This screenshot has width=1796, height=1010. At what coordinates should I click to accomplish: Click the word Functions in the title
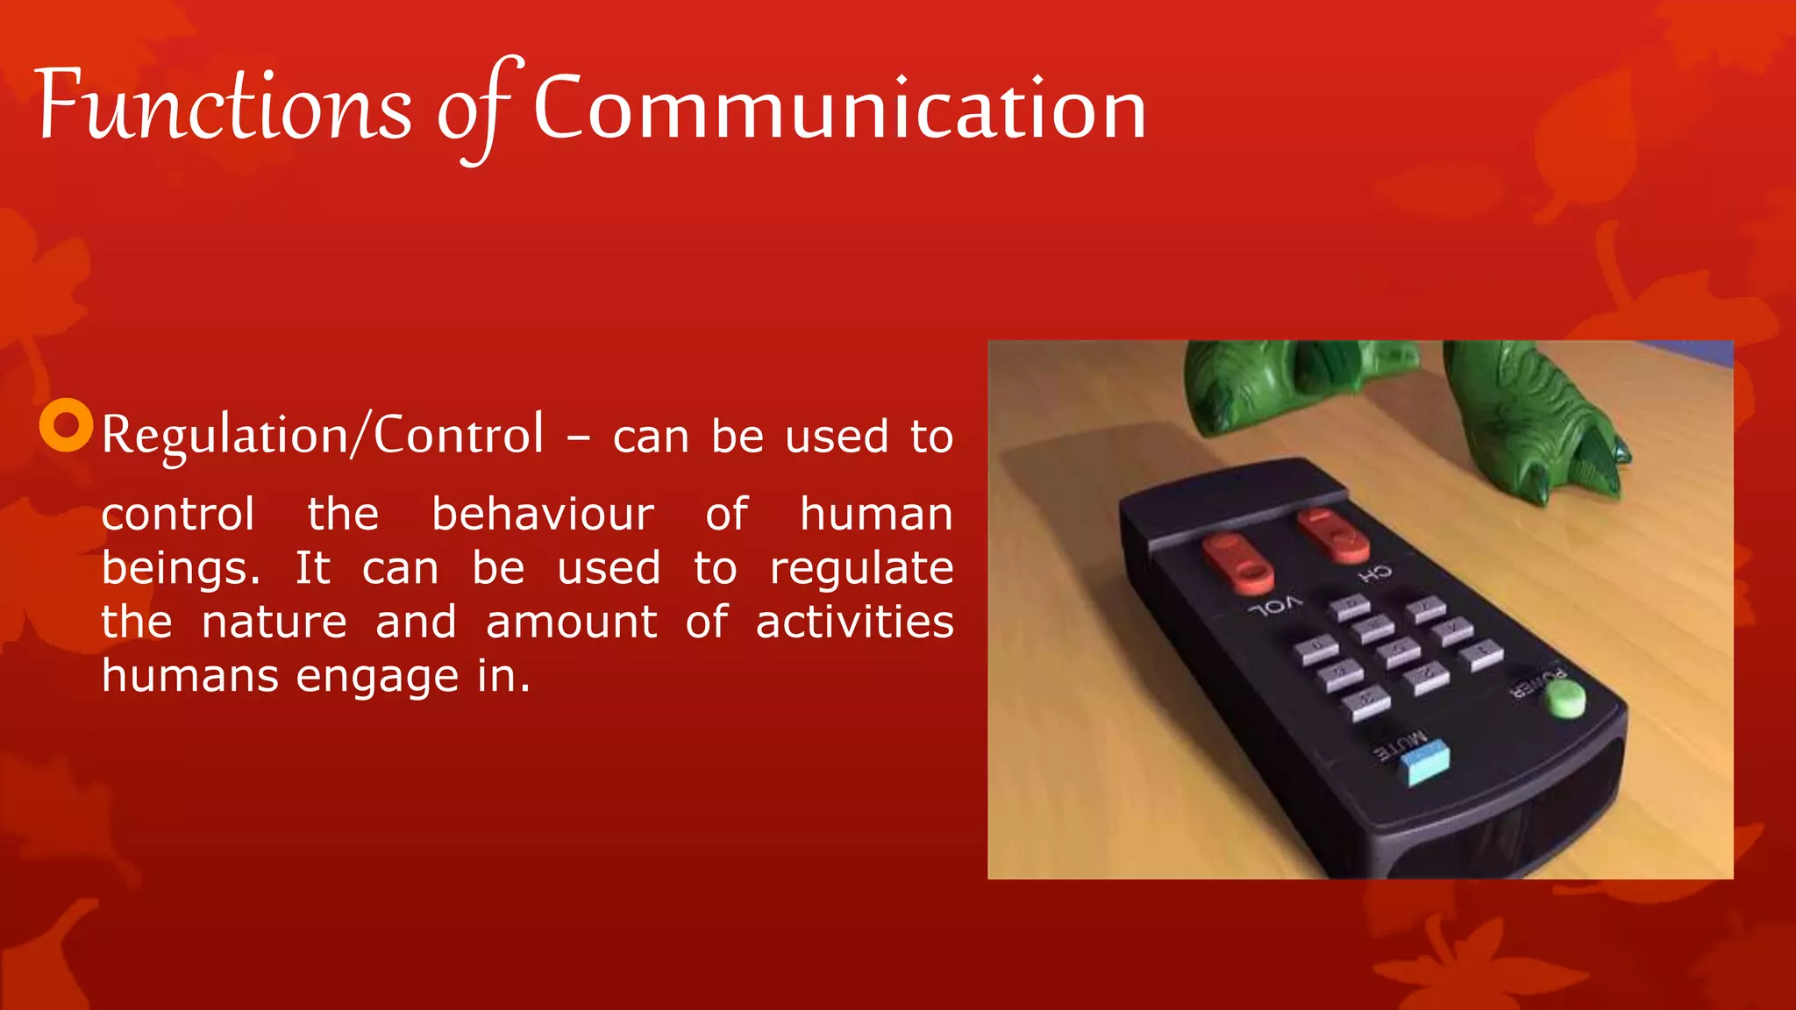(x=224, y=107)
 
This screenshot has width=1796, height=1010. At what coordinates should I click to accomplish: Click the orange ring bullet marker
(x=67, y=425)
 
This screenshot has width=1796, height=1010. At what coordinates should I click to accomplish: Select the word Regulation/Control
(x=322, y=435)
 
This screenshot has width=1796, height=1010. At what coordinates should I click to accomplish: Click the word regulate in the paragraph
(x=861, y=568)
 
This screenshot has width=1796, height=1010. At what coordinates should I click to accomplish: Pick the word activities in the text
(x=854, y=622)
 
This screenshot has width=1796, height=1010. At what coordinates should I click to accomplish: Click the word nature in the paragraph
(x=274, y=622)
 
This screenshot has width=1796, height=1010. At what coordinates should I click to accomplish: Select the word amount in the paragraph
(x=571, y=622)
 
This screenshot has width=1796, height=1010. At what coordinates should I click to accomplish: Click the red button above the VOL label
(x=1237, y=563)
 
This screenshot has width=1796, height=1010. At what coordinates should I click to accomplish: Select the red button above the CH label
(x=1334, y=534)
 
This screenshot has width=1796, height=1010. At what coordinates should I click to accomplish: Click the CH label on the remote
(x=1375, y=575)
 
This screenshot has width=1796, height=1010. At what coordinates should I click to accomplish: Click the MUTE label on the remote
(x=1400, y=745)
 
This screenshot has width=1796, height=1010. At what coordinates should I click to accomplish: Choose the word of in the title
(x=474, y=110)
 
